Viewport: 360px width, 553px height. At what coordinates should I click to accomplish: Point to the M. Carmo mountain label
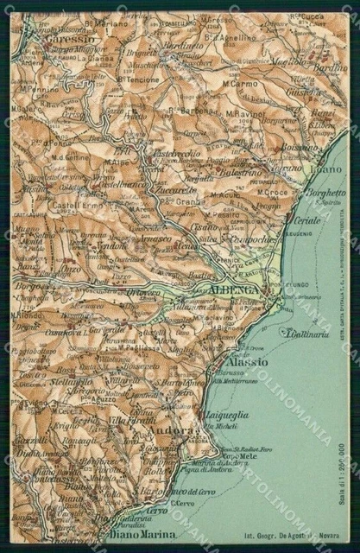click(x=240, y=85)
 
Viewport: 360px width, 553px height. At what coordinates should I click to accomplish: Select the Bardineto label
click(x=186, y=46)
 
